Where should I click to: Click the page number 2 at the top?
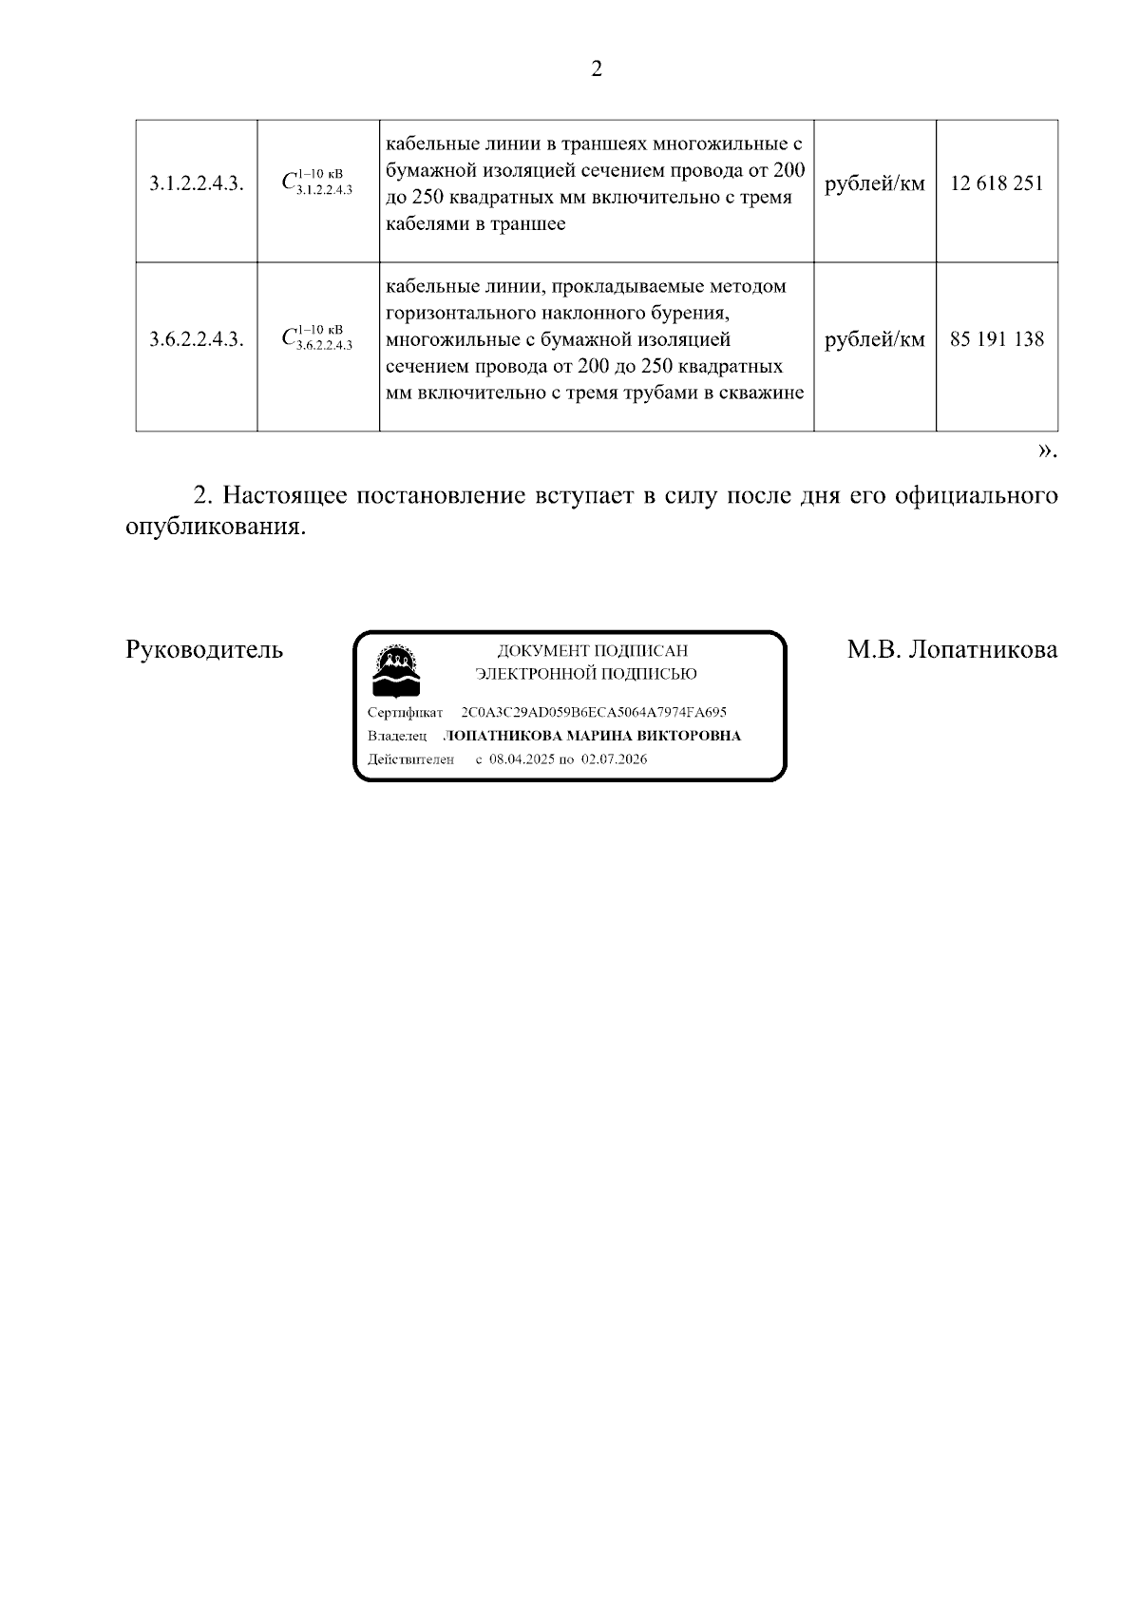pos(597,69)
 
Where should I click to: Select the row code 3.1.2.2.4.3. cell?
pos(197,184)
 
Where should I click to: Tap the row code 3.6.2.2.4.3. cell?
pos(197,339)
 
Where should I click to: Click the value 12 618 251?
pos(997,183)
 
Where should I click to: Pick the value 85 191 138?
pos(997,338)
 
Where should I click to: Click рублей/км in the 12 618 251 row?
pos(874,184)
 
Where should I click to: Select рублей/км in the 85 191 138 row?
pos(874,339)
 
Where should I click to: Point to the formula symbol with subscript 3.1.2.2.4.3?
pos(317,182)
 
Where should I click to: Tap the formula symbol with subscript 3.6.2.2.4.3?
pos(317,337)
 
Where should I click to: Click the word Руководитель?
pos(204,650)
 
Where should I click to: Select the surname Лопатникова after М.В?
pos(982,650)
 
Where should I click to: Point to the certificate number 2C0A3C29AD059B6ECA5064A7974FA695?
pos(594,712)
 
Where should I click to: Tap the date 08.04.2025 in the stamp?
pos(522,759)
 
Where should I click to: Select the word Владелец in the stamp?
pos(397,736)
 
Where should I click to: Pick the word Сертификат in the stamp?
pos(405,712)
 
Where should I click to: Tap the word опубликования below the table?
pos(216,527)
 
